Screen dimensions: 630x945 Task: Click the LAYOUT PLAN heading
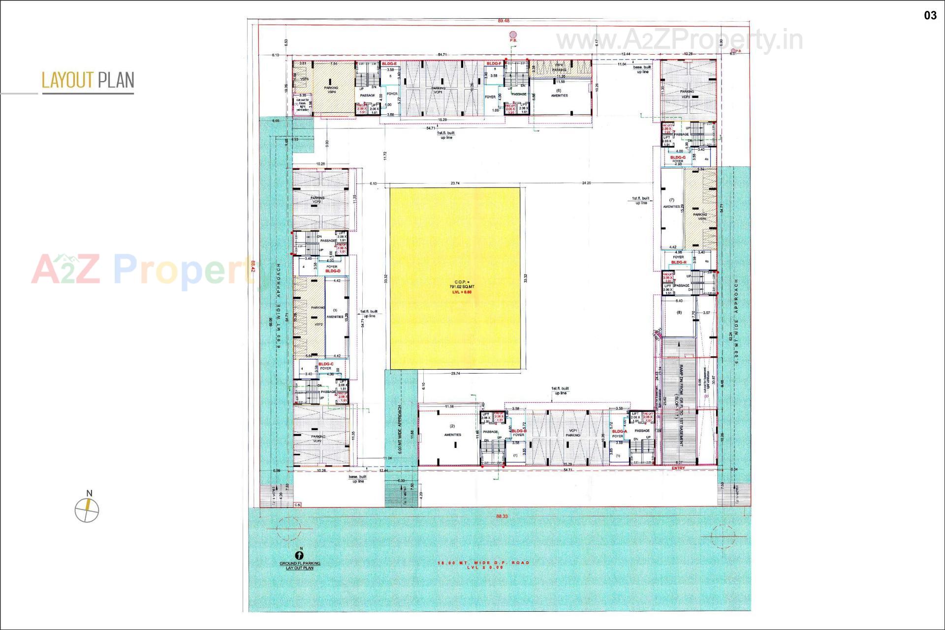(88, 80)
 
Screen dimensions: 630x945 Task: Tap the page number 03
(930, 16)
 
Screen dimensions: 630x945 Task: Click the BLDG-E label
(389, 64)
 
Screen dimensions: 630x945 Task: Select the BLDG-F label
(494, 64)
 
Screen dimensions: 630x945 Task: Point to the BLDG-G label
(678, 157)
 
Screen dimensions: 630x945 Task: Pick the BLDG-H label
(678, 262)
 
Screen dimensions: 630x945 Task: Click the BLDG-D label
(333, 271)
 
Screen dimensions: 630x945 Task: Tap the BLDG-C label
(326, 364)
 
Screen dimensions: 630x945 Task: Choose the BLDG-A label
(619, 432)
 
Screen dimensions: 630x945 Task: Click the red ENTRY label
(678, 468)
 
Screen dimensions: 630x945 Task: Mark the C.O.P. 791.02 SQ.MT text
(462, 284)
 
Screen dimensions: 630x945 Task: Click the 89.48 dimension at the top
(504, 21)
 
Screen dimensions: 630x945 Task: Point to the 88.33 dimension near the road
(502, 516)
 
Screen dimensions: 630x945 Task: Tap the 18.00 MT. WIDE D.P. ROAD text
(483, 563)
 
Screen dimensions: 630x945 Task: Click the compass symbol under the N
(87, 510)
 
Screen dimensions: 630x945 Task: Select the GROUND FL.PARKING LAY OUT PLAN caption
(300, 566)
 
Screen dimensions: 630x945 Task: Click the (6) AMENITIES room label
(559, 93)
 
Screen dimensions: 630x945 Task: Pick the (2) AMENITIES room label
(452, 430)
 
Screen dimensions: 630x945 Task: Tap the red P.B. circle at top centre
(513, 34)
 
